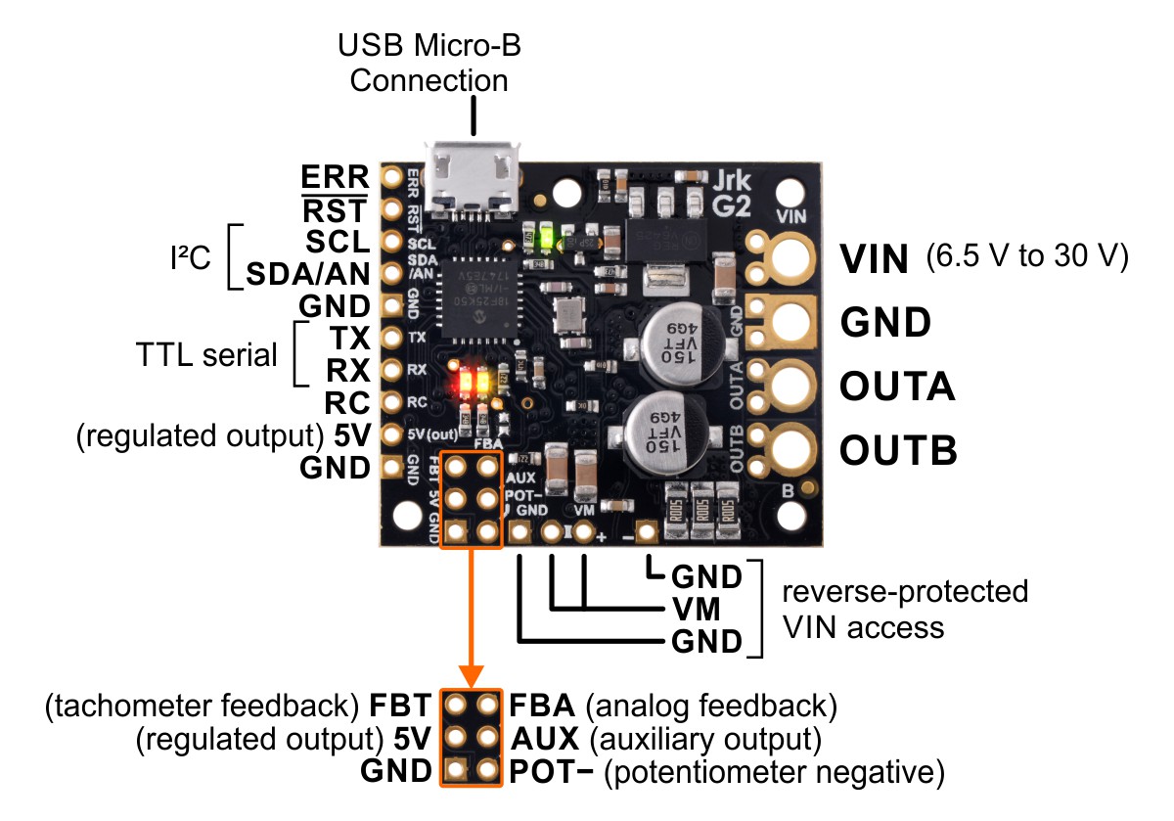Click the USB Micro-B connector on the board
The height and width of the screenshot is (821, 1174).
pos(474,176)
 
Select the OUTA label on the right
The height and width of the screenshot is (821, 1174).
pos(896,387)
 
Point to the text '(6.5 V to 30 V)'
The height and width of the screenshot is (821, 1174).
pos(1026,257)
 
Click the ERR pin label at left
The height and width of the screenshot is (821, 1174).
pos(336,176)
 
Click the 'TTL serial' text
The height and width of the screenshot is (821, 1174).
pos(206,354)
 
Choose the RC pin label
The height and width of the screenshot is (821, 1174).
pos(348,402)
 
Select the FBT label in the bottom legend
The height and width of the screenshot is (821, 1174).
pos(400,705)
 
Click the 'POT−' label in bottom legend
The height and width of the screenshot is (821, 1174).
pos(552,773)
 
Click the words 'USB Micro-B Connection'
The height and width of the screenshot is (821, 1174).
pos(429,62)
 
